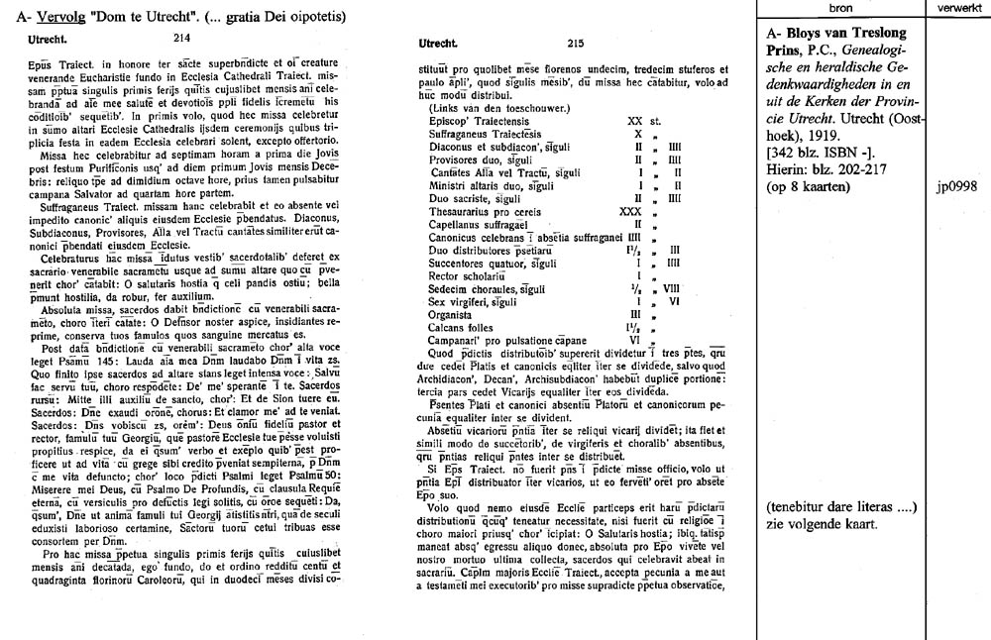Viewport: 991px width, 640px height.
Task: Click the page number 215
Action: click(x=575, y=44)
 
